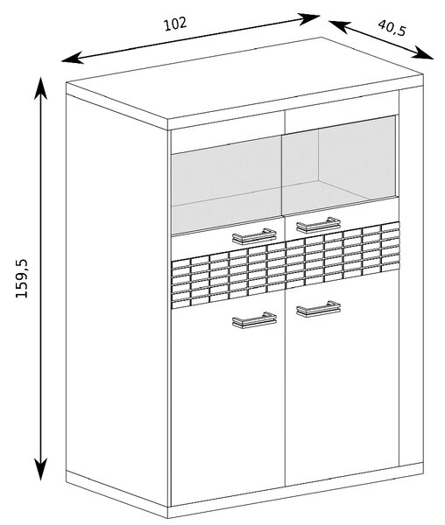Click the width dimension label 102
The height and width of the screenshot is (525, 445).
[x=174, y=24]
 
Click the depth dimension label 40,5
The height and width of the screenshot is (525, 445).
[x=392, y=28]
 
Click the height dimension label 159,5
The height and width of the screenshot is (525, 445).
[x=23, y=278]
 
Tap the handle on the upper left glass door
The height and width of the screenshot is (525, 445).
[x=254, y=236]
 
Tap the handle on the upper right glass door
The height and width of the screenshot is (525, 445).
[x=318, y=224]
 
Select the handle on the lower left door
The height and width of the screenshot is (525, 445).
[x=254, y=319]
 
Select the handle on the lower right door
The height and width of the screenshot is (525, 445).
[x=318, y=308]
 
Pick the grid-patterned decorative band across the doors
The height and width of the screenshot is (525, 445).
[x=286, y=265]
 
